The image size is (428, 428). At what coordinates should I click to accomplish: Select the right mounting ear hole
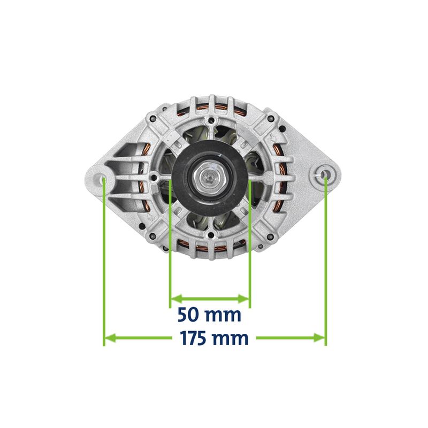pyautogui.click(x=324, y=174)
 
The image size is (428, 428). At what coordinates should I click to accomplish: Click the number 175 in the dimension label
pyautogui.click(x=194, y=339)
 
